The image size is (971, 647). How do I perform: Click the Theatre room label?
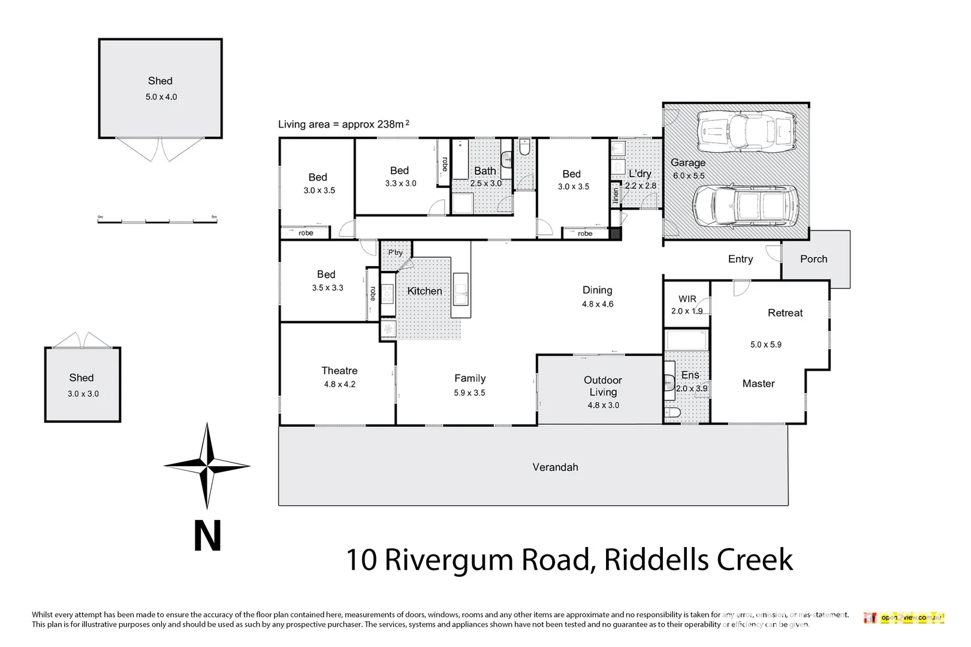coord(339,371)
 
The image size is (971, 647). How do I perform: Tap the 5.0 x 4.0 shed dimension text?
coord(161,97)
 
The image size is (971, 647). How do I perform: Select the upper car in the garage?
coord(747,131)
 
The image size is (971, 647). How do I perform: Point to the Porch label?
coord(813,259)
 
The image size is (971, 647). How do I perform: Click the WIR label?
coord(687,299)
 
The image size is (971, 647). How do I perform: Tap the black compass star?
coord(207,465)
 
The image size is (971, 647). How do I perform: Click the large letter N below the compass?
coord(207,536)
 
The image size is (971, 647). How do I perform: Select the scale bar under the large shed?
coord(157,220)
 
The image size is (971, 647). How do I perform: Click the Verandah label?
coord(555,467)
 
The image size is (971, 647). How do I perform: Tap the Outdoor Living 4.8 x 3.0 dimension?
coord(603,406)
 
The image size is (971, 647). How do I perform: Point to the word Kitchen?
coord(424,291)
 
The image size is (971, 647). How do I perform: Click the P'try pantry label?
coord(396,253)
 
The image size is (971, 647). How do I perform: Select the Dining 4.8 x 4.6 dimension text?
coord(598,304)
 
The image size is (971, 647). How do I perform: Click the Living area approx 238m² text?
coord(343,125)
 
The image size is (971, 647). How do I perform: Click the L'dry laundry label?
coord(640,174)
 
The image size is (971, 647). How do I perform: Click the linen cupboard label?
coord(616,195)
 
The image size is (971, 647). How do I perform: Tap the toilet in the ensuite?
coord(673,413)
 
